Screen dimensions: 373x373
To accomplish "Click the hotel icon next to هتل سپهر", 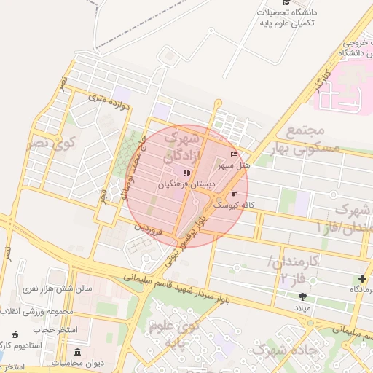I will [234, 154].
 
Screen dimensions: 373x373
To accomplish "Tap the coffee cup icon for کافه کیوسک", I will [234, 195].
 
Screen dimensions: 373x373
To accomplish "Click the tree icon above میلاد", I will [302, 296].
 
